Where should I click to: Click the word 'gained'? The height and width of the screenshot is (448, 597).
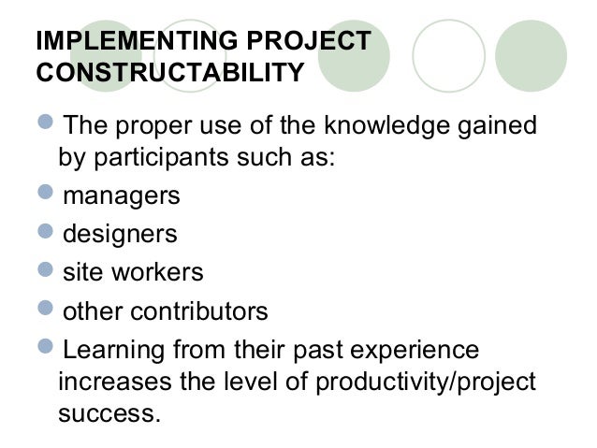click(494, 124)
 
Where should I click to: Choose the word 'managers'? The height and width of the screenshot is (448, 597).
click(121, 196)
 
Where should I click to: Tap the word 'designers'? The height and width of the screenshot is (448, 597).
click(119, 234)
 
